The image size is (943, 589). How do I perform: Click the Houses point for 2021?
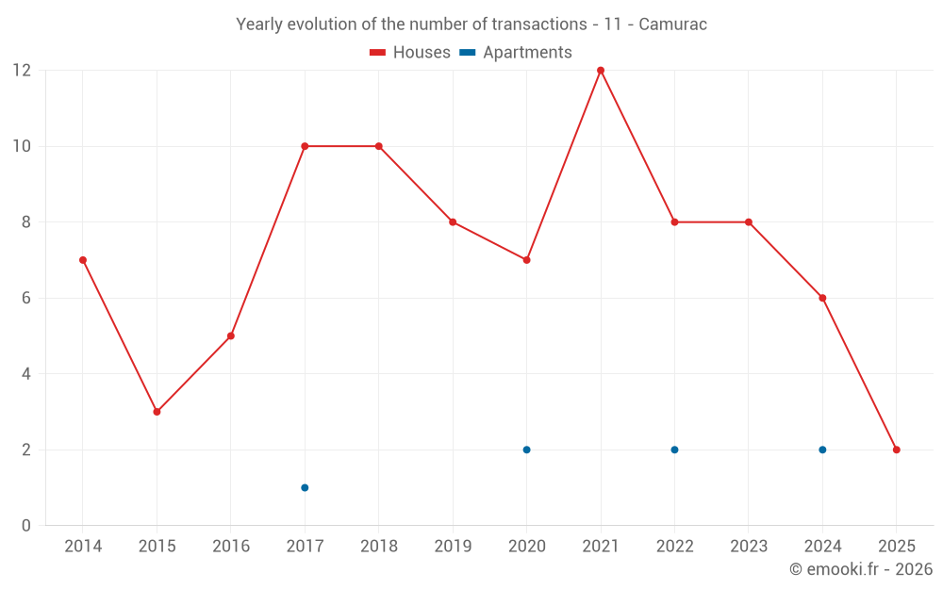point(601,71)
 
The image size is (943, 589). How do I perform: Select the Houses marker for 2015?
point(157,412)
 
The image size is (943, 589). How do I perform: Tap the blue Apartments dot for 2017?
point(305,487)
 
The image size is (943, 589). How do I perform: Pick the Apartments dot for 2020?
point(526,450)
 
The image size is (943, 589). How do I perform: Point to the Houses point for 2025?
point(896,450)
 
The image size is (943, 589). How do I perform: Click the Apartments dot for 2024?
point(822,450)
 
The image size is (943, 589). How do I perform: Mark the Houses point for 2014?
point(83,260)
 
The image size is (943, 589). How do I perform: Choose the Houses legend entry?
point(410,53)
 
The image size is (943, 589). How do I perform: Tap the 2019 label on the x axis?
point(453,547)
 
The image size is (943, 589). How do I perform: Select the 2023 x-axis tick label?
point(749,547)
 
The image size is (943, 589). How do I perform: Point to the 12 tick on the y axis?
point(21,71)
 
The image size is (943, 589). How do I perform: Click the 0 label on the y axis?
point(25,525)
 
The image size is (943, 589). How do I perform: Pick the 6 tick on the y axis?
point(25,298)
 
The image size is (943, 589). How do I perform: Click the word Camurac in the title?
point(672,25)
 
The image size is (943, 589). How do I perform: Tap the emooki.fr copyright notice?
point(860,569)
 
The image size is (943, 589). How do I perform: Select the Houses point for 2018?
point(378,146)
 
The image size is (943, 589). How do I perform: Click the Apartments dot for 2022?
point(674,450)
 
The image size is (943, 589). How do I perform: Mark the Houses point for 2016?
point(231,335)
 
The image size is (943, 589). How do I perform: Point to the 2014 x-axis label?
point(83,547)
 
